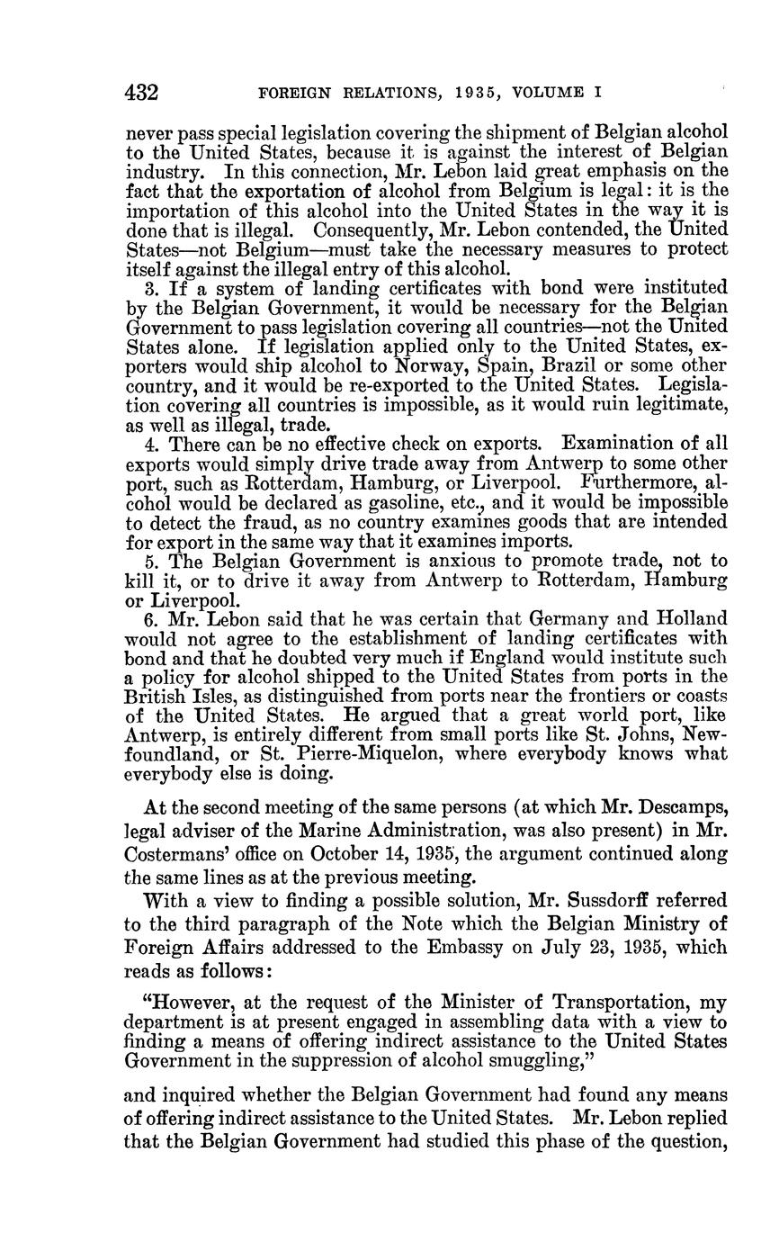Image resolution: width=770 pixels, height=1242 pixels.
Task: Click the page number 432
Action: click(142, 92)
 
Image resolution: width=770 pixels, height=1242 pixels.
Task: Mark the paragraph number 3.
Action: click(149, 288)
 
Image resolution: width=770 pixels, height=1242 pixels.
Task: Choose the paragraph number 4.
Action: click(149, 444)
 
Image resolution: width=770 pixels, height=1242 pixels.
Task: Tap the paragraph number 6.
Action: click(149, 618)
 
